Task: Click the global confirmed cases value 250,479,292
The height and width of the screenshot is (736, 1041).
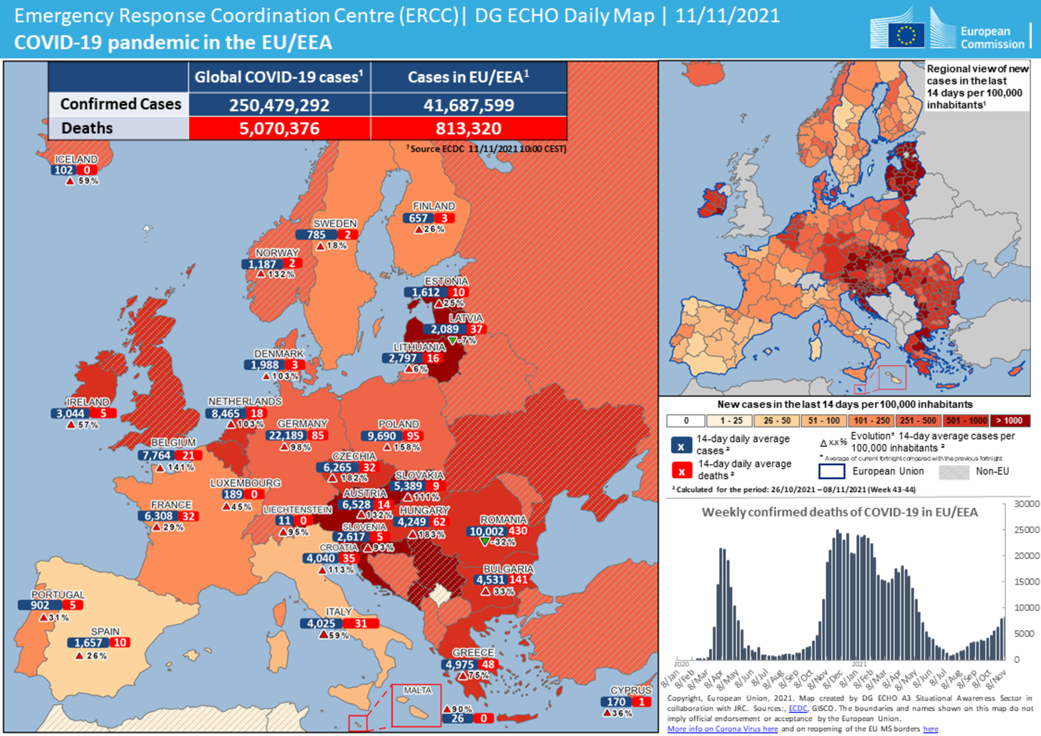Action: (279, 105)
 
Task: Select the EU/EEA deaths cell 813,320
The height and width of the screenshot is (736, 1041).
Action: (468, 128)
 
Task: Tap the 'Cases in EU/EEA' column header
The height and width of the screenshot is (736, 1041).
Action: (468, 77)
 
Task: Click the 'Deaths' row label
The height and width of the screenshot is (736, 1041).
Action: (87, 128)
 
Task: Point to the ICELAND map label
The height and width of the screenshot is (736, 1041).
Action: (76, 159)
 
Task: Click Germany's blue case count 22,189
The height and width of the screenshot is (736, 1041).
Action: (286, 435)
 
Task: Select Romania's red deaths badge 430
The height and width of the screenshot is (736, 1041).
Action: (518, 531)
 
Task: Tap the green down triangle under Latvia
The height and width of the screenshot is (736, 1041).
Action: (452, 340)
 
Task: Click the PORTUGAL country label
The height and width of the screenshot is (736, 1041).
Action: (58, 594)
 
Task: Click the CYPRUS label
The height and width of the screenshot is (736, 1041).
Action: (630, 690)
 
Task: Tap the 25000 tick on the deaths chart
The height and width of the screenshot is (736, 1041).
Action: (1026, 530)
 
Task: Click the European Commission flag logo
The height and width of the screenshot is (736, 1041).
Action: (906, 36)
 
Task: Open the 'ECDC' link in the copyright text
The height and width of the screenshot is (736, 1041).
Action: (797, 708)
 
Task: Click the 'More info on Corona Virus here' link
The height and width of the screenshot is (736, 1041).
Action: (722, 728)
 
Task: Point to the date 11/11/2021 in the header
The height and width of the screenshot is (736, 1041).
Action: (727, 16)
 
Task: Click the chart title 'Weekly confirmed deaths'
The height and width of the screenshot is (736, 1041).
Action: (839, 512)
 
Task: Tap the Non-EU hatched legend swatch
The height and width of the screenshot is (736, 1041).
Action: (954, 472)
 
